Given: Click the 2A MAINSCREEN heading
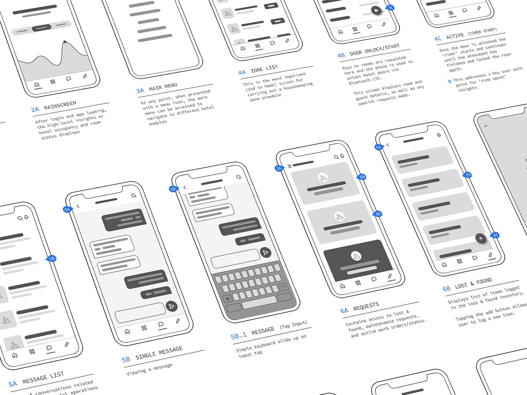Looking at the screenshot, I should coord(54,106).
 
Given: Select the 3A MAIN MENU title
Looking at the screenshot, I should coord(157,88).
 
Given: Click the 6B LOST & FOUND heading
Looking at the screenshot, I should coord(467,284).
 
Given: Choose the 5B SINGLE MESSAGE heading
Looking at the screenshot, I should coord(152,354).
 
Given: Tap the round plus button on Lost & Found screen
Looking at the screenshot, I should coord(481,238).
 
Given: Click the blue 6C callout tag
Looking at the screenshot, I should coord(496,235).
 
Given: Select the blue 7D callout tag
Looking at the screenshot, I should coord(468,175).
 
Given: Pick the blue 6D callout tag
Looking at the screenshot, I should coord(378,214).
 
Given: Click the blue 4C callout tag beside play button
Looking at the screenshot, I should coord(390,8).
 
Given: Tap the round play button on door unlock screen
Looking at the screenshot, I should coord(376,11).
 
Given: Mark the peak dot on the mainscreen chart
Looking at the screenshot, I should coord(65,42).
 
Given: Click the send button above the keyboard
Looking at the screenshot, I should coord(265,252).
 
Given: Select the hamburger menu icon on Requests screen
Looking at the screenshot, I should coord(290,166).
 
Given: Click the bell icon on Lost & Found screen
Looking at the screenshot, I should coord(439,135).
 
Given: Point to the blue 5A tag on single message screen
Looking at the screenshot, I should coord(67,209).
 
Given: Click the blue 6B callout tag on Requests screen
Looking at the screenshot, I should coord(362,177).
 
